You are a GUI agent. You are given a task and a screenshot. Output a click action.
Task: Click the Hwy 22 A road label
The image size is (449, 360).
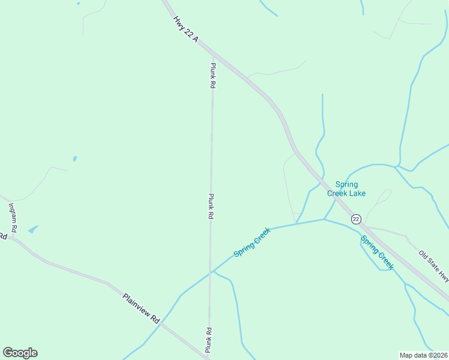tap(185, 28)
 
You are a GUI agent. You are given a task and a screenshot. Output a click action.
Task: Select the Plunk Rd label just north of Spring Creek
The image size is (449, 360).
tap(211, 206)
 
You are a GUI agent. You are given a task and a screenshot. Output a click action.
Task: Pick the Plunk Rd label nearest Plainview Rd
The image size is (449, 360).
tap(208, 340)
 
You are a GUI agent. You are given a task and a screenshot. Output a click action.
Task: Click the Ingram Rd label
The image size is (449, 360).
tap(12, 218)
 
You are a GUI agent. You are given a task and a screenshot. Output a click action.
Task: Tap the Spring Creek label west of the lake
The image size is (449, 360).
tap(252, 242)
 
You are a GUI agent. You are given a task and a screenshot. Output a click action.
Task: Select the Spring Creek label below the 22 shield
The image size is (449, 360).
tap(377, 252)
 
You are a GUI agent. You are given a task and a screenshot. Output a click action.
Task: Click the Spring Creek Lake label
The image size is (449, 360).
tap(346, 189)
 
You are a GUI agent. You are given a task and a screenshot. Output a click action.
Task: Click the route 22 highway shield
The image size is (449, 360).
tap(356, 219)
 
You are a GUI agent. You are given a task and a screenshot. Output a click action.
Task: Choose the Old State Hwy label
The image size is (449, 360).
tap(433, 266)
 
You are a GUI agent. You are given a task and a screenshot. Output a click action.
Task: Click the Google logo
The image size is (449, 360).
tap(20, 353)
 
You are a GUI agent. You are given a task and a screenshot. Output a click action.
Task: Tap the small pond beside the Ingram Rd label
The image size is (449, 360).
tap(32, 229)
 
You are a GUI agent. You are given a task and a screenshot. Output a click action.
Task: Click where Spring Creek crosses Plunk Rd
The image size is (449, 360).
tap(210, 272)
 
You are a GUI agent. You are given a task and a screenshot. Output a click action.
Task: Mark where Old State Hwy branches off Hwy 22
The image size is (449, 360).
tap(367, 227)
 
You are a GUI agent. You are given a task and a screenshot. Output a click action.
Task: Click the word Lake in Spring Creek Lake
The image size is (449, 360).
tap(357, 193)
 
